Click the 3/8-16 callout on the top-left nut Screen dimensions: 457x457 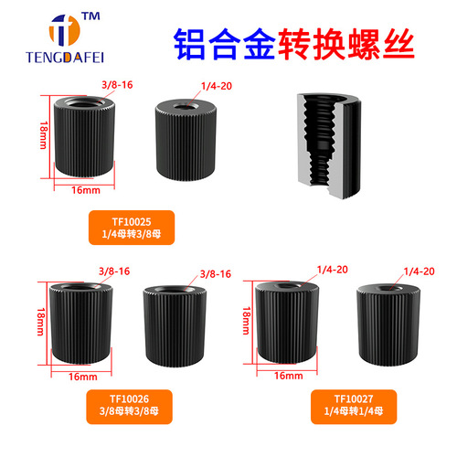click(115, 89)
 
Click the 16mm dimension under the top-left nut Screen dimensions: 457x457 click(84, 190)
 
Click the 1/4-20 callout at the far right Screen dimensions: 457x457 click(417, 271)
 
